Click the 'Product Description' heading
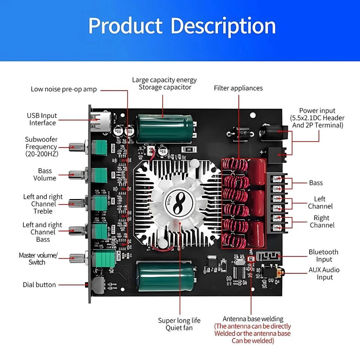pyautogui.click(x=182, y=26)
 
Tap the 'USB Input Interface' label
pyautogui.click(x=42, y=119)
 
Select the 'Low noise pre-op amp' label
pyautogui.click(x=64, y=89)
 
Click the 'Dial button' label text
pyautogui.click(x=39, y=285)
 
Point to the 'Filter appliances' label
pyautogui.click(x=238, y=88)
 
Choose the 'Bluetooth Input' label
pyautogui.click(x=323, y=256)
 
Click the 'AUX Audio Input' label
pyautogui.click(x=324, y=273)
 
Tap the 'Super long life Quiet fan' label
pyautogui.click(x=179, y=324)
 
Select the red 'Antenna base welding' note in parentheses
pyautogui.click(x=252, y=333)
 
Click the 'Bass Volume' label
pyautogui.click(x=45, y=175)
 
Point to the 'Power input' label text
pyautogui.click(x=317, y=118)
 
